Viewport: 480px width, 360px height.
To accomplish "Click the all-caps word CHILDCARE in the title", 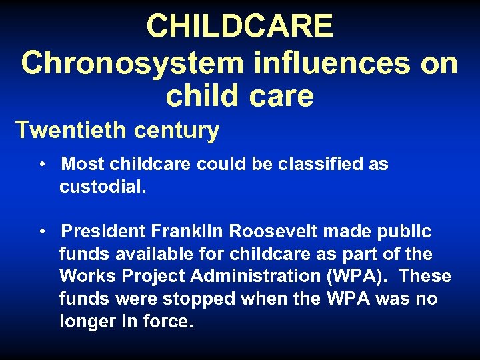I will [x=239, y=27].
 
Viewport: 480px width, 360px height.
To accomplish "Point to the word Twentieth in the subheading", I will [x=71, y=130].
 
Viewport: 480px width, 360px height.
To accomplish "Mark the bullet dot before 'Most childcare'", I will [x=42, y=164].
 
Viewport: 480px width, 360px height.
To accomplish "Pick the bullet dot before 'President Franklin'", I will [x=42, y=232].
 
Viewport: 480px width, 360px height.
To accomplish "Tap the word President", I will [x=103, y=232].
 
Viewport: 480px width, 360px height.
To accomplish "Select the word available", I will [x=154, y=255].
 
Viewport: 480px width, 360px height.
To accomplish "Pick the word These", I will [x=426, y=277].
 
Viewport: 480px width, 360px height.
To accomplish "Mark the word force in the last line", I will [x=170, y=322].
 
